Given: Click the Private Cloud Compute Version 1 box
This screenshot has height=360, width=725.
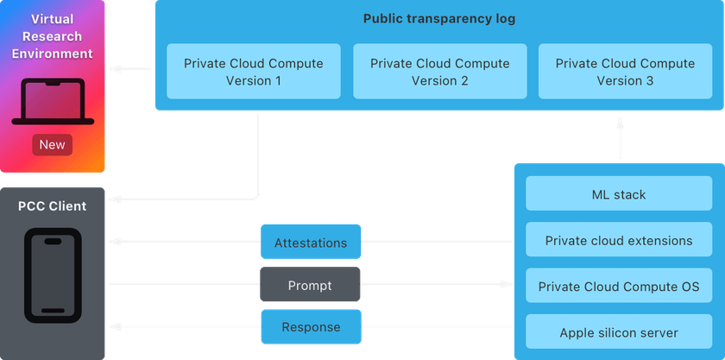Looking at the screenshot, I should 254,73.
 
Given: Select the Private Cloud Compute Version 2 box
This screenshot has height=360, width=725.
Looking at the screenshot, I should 439,73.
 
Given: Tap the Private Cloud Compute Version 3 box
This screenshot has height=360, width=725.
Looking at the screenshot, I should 625,73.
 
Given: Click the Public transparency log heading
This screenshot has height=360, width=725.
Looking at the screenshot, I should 439,19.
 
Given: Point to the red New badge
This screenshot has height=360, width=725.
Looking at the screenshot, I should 52,144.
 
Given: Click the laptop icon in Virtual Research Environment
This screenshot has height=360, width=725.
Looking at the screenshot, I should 52,101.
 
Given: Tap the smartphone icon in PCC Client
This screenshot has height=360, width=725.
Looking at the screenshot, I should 53,275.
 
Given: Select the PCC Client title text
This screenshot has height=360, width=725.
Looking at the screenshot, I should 53,206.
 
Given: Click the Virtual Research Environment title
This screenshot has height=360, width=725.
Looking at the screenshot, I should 53,35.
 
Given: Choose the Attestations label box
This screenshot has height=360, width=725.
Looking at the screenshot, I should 311,243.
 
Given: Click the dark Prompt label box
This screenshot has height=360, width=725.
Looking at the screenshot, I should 311,284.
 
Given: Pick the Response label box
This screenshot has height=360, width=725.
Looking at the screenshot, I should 311,327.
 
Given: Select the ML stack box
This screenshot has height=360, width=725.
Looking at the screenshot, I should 619,195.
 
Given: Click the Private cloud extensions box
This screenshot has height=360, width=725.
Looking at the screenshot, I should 619,241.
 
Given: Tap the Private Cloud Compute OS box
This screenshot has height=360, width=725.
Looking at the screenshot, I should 619,286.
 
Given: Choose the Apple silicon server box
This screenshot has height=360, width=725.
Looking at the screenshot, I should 619,332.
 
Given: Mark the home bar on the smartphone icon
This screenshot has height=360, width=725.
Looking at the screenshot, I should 53,310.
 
